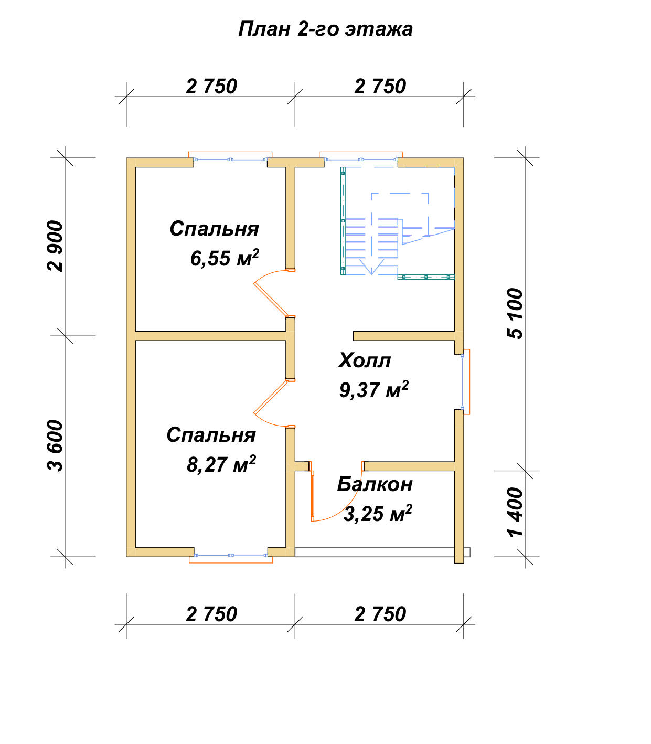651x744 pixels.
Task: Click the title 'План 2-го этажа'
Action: (x=325, y=29)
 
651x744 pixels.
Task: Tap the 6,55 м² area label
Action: (x=225, y=258)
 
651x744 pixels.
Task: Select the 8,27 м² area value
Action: (x=221, y=464)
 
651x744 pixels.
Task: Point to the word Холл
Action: (x=365, y=360)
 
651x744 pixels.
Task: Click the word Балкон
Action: (x=375, y=484)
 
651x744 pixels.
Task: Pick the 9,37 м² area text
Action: (x=374, y=389)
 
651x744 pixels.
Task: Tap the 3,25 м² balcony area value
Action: (x=378, y=514)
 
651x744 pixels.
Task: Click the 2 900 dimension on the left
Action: (x=55, y=246)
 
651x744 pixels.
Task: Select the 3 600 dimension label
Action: (x=55, y=446)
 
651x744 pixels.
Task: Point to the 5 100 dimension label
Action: (x=515, y=313)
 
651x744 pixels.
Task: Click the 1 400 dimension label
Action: (x=515, y=512)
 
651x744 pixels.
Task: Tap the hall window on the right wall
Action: (x=466, y=382)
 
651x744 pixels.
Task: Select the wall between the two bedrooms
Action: (x=211, y=336)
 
